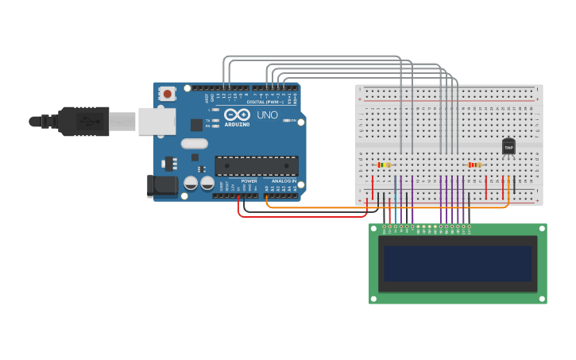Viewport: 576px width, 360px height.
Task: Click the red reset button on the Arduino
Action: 167,94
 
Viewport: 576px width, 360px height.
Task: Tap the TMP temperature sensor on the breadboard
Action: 508,147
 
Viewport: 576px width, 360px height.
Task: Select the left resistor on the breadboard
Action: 384,165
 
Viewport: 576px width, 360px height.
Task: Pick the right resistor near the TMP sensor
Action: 474,165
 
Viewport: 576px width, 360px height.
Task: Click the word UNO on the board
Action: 268,115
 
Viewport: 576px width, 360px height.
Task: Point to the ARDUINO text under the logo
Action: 237,125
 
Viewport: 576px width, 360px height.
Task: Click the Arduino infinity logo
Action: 237,114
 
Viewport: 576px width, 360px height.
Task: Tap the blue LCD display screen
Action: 458,263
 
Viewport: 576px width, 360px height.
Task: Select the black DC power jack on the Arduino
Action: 163,187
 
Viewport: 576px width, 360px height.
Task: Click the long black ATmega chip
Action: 256,165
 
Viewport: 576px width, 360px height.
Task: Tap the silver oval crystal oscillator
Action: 194,144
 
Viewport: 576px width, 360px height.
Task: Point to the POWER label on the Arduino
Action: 249,181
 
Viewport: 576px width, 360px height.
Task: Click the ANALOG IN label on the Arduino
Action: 284,181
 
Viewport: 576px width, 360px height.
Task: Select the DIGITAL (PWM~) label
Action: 264,102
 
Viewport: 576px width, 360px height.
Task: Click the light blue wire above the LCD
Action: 395,199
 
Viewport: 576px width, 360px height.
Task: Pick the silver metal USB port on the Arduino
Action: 157,121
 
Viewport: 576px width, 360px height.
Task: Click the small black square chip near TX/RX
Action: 196,125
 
